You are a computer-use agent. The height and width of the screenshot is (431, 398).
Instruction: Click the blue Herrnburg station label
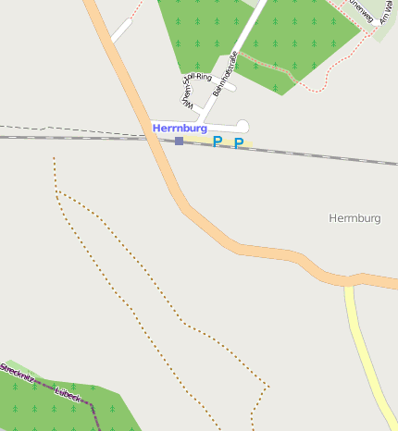180,128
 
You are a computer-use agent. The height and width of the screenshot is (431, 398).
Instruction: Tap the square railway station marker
179,141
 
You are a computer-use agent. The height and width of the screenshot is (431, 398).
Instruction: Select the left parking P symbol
218,142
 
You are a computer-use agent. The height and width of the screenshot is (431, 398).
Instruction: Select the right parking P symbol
239,142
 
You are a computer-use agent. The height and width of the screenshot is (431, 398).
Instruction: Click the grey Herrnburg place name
354,218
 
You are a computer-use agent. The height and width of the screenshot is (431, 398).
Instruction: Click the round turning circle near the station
243,126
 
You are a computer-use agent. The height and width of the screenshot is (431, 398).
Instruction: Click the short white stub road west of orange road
122,31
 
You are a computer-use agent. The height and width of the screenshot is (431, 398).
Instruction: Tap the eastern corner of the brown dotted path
268,386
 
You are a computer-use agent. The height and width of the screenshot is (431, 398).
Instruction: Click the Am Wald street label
387,13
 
